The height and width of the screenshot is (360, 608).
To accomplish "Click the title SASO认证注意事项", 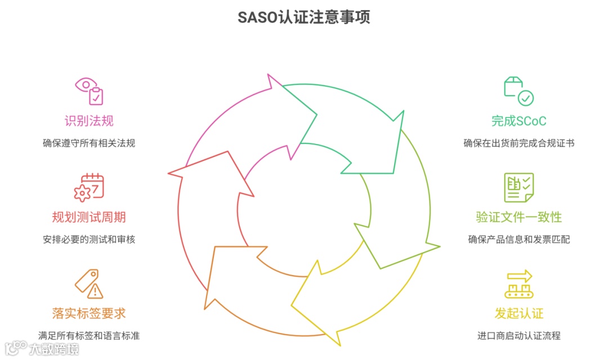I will pyautogui.click(x=304, y=17).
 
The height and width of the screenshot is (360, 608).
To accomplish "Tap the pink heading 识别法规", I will pyautogui.click(x=89, y=121).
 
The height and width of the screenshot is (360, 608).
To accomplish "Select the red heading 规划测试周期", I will pyautogui.click(x=89, y=217).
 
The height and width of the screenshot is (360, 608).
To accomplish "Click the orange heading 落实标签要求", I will pyautogui.click(x=89, y=313).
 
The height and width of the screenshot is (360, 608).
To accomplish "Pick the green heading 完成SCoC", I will pyautogui.click(x=519, y=121).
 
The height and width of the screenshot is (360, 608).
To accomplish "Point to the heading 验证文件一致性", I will pyautogui.click(x=519, y=217).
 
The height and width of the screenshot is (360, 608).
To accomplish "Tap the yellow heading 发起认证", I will pyautogui.click(x=519, y=313).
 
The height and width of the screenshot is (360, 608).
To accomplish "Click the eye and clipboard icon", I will pyautogui.click(x=90, y=91).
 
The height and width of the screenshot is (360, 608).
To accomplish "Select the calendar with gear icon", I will pyautogui.click(x=90, y=187).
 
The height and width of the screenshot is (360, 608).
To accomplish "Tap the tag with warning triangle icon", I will pyautogui.click(x=90, y=283).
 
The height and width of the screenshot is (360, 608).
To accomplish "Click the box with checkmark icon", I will pyautogui.click(x=518, y=91).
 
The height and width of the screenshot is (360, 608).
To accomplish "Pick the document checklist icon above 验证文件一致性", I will pyautogui.click(x=518, y=187).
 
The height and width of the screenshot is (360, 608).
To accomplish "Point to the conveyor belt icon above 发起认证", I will pyautogui.click(x=518, y=283).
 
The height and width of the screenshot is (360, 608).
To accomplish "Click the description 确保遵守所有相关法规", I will pyautogui.click(x=89, y=143).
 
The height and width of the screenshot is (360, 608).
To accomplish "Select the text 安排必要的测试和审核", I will pyautogui.click(x=89, y=239).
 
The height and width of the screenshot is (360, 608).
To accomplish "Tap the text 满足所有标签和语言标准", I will pyautogui.click(x=89, y=336).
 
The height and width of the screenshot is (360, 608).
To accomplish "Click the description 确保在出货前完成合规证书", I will pyautogui.click(x=519, y=143).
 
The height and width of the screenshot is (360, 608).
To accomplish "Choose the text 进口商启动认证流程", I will pyautogui.click(x=519, y=336).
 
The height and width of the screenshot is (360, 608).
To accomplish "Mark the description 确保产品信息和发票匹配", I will pyautogui.click(x=519, y=239).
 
